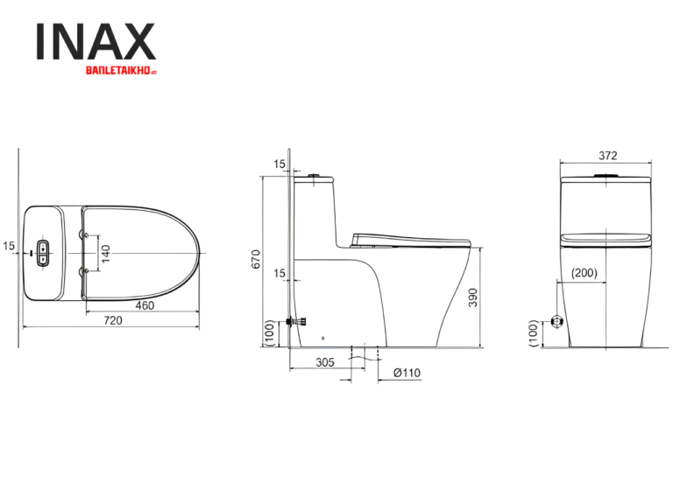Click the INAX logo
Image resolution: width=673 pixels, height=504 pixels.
[95, 41]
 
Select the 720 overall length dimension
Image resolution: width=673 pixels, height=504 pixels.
[113, 320]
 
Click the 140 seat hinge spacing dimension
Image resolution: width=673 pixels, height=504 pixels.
[106, 255]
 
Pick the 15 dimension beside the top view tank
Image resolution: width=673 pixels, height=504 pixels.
[8, 247]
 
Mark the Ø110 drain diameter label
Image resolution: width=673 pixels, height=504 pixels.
[407, 372]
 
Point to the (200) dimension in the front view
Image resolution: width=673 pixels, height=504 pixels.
[584, 273]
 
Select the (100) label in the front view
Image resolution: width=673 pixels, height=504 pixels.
[533, 332]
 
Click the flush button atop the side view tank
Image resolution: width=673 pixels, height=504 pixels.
[312, 177]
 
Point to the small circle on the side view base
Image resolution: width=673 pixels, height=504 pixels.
[323, 338]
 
